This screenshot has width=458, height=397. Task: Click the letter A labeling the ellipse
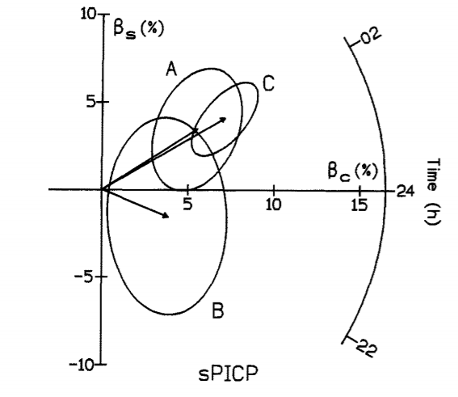tap(171, 70)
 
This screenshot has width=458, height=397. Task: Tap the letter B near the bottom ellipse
tap(218, 310)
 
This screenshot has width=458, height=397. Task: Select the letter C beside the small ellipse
tap(268, 83)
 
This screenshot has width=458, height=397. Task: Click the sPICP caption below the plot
tap(228, 373)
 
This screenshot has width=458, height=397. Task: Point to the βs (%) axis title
tap(139, 30)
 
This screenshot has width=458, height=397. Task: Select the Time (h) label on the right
tap(432, 192)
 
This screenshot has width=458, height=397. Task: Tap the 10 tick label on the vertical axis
tap(88, 14)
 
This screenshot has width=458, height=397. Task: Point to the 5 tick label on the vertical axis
tap(90, 102)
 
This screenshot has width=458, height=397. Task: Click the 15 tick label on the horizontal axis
tap(359, 205)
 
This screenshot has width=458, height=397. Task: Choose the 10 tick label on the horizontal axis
tap(273, 205)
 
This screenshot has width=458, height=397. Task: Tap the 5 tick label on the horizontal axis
tap(188, 205)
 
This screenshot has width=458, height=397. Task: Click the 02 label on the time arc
tap(371, 36)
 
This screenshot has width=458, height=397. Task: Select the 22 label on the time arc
tap(367, 348)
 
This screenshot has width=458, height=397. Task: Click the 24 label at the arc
tap(405, 191)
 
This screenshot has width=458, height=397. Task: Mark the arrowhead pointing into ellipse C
tap(223, 120)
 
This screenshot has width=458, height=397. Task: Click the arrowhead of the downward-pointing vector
tap(166, 215)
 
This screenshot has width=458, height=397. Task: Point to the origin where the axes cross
tap(102, 189)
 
